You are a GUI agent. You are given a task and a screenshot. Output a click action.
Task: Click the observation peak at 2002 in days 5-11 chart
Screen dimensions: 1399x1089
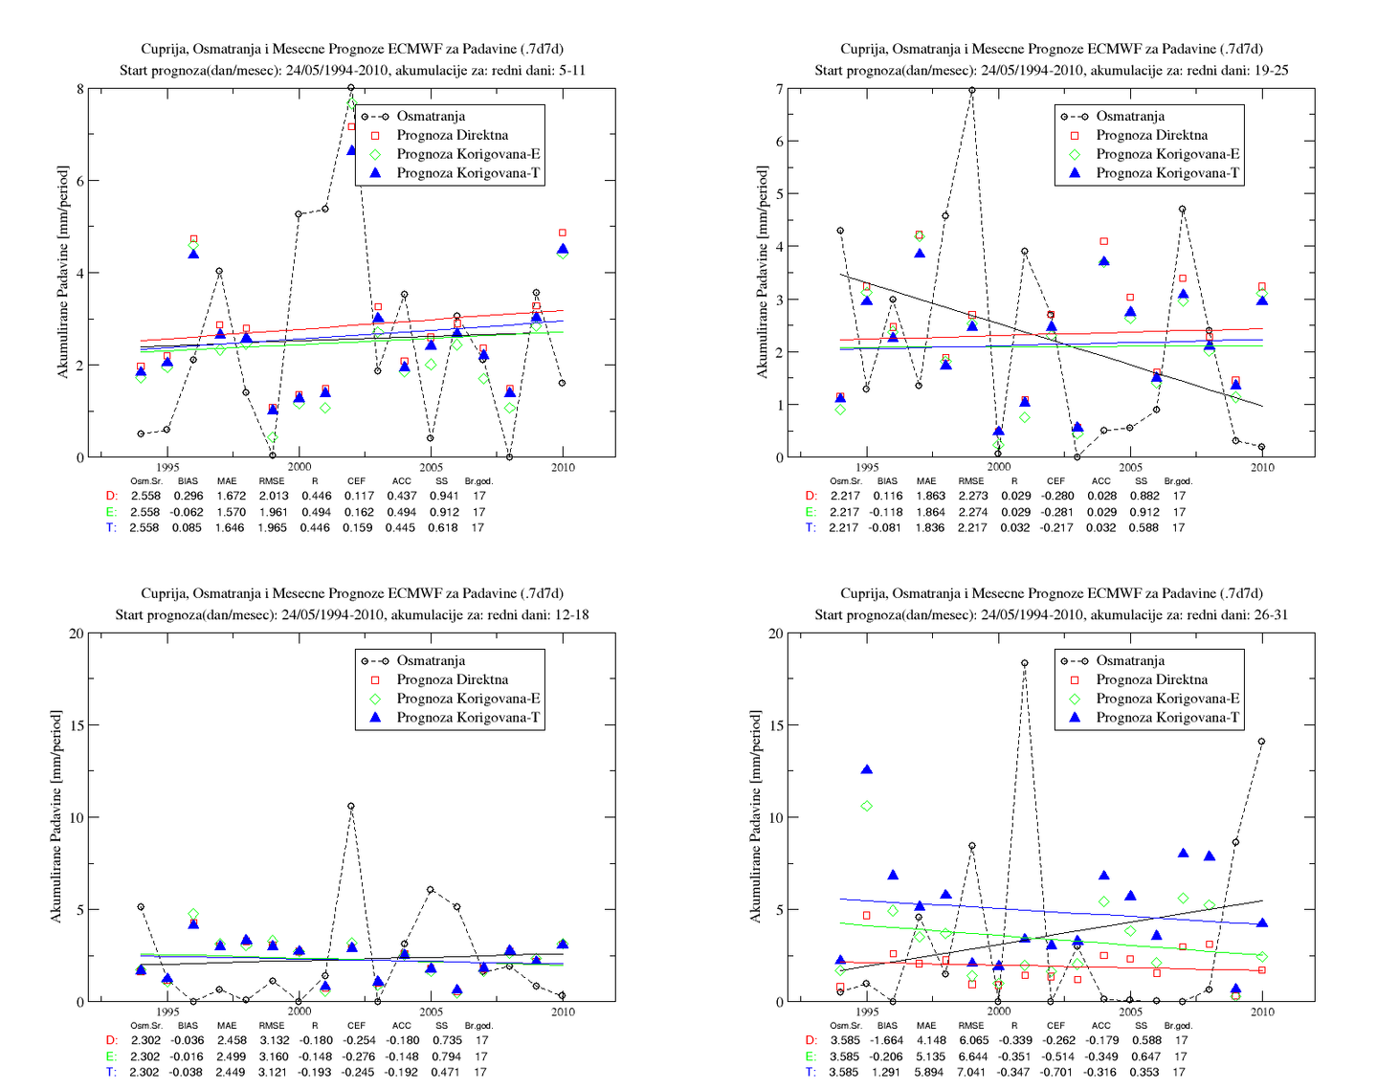point(351,87)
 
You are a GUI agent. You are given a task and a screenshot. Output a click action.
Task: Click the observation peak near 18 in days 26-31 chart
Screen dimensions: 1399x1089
point(1024,663)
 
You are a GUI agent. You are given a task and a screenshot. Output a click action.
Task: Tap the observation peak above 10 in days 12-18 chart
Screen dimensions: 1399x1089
point(351,806)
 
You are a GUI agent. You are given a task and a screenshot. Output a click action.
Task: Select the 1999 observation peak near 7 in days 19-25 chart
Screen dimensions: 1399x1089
point(971,90)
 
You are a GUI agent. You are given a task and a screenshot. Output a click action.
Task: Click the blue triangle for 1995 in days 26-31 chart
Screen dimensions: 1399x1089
point(867,769)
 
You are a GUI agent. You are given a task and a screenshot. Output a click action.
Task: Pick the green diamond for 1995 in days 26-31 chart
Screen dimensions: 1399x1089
point(867,806)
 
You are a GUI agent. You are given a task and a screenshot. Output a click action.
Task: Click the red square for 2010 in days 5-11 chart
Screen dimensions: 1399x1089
point(562,233)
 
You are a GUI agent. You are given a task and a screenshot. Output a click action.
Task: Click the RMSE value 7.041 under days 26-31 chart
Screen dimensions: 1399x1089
point(972,1073)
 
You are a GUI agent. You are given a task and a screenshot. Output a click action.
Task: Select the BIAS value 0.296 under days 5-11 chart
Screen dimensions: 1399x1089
point(188,496)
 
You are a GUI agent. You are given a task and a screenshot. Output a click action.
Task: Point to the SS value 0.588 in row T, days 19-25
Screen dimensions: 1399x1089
point(1144,528)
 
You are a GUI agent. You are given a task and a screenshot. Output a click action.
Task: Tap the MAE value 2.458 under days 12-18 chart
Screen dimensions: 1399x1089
point(231,1040)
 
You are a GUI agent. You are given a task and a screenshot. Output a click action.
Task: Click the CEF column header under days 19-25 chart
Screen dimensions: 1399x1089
point(1055,480)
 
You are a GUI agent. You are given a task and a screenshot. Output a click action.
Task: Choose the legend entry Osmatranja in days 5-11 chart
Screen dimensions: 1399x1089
point(431,116)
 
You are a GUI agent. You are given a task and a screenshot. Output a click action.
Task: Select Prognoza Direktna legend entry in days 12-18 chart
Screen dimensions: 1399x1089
point(452,679)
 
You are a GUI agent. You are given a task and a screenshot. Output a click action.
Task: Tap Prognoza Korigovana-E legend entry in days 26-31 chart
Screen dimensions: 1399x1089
point(1167,699)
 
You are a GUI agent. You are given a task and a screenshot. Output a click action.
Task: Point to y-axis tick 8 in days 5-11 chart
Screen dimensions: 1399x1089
point(79,89)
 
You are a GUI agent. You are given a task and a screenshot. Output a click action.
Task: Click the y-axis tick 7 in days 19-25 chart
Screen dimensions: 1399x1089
point(780,89)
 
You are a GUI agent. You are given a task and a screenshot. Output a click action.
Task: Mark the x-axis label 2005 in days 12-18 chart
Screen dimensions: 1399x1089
point(431,1011)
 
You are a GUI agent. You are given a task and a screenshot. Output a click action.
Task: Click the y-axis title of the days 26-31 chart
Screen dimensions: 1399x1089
point(755,817)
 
